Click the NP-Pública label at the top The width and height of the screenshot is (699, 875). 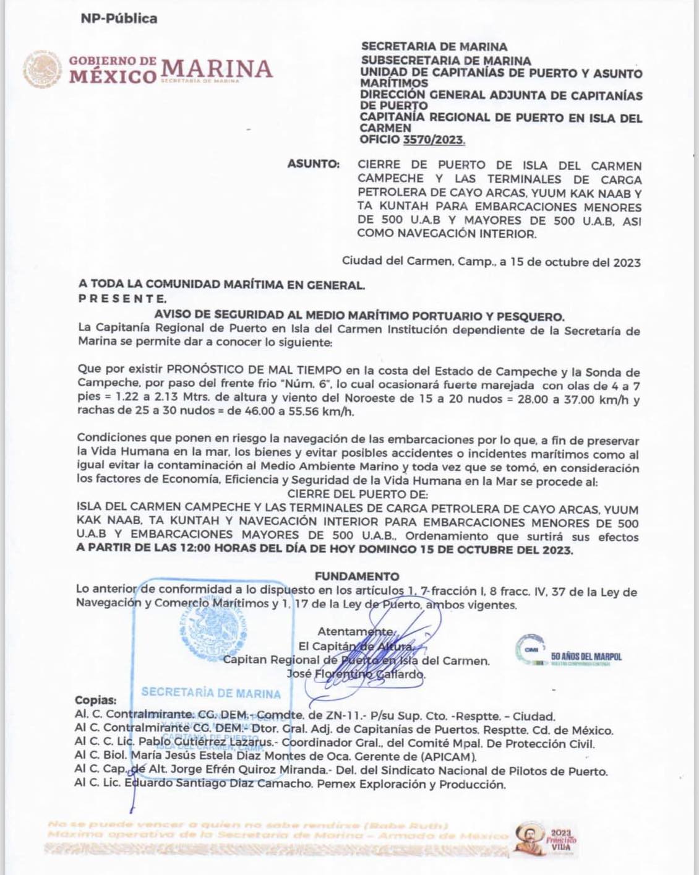[x=119, y=19]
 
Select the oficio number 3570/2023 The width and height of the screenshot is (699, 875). [x=433, y=140]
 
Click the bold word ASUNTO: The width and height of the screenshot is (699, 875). [x=313, y=164]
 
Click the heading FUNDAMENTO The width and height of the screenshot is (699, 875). [x=356, y=576]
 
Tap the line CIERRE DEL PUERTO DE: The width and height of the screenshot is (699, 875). [x=357, y=494]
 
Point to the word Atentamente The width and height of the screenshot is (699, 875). [x=355, y=631]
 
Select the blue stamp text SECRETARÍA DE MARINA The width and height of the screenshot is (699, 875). [x=210, y=693]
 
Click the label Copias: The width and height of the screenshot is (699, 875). [x=95, y=700]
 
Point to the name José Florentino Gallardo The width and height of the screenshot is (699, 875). [x=356, y=674]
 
